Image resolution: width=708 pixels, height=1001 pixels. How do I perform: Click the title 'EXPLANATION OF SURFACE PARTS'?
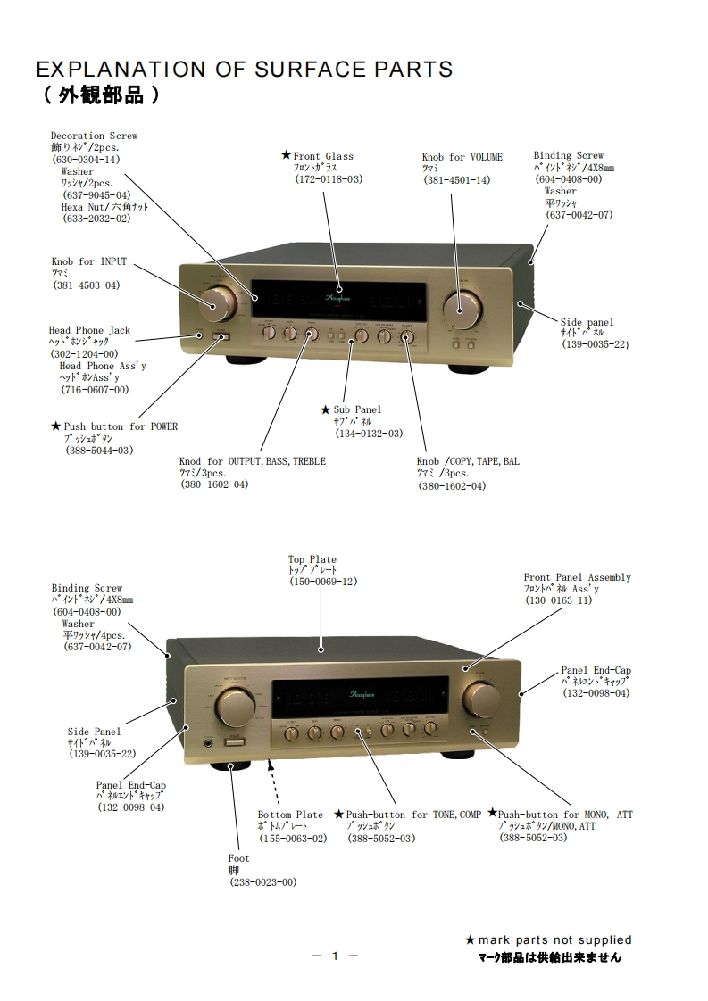(x=244, y=70)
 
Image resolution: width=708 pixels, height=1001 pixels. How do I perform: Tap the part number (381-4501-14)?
(x=456, y=180)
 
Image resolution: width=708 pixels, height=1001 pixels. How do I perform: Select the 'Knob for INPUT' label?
(x=88, y=261)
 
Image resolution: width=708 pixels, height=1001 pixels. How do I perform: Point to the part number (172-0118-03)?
(x=329, y=179)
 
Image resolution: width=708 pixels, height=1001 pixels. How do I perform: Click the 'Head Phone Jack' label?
(x=89, y=330)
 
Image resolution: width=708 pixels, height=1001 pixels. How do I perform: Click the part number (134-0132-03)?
(x=369, y=433)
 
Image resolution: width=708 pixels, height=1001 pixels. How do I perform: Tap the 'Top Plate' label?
(x=312, y=559)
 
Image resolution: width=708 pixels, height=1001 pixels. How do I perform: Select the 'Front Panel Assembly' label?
(x=577, y=577)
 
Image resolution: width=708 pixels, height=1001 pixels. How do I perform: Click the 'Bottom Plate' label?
(x=290, y=815)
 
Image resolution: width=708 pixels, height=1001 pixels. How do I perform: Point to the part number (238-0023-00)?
(x=262, y=881)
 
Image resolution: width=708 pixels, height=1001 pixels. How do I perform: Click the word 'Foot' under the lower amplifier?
(x=238, y=858)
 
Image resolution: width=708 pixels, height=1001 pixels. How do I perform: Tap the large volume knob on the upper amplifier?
(x=462, y=309)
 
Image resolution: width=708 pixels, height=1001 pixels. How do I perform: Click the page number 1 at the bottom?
(x=335, y=956)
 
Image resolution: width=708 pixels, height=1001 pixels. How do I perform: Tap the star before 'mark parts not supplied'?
(x=471, y=939)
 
